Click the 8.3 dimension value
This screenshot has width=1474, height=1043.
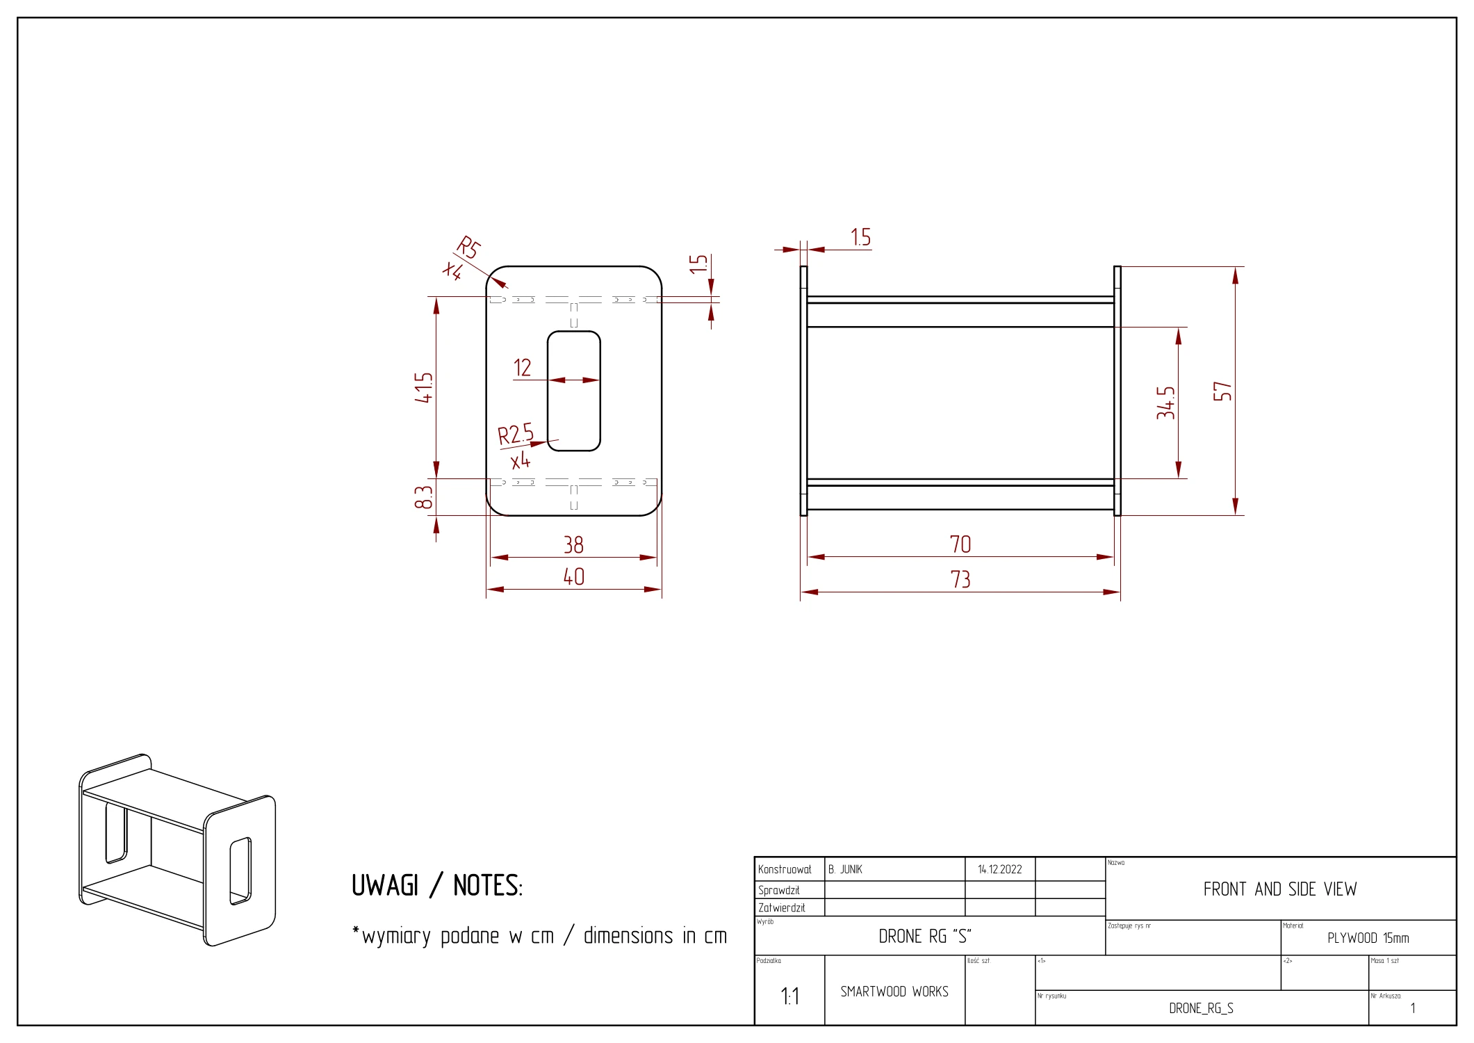tap(423, 497)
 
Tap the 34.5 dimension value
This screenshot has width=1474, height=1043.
tap(1165, 403)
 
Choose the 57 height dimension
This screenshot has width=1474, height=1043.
tap(1222, 391)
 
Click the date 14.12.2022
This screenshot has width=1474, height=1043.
tap(999, 869)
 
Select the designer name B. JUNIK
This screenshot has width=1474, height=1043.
tap(845, 869)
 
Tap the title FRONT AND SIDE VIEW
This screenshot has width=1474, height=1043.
tap(1280, 889)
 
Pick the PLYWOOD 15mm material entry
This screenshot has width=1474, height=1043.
tap(1368, 938)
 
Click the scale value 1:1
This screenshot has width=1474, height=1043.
tap(790, 996)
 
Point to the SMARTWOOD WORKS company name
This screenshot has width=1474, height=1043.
tap(894, 992)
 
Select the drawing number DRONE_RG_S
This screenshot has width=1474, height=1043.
tap(1201, 1008)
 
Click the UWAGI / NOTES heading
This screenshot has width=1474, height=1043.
tap(437, 885)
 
